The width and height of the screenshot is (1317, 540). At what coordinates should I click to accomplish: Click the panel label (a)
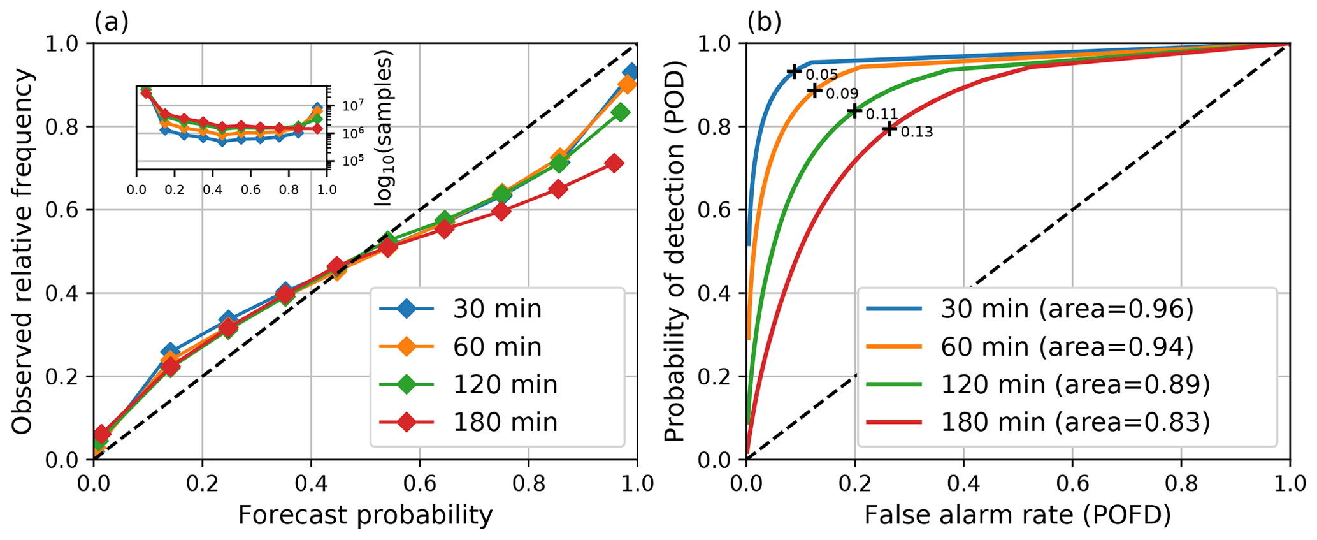coord(112,23)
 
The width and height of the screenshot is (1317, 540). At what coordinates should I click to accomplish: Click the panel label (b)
coord(764,23)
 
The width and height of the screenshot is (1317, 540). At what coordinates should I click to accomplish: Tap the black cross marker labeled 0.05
coord(794,71)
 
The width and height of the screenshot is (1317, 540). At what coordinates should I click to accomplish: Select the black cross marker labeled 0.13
coord(889,129)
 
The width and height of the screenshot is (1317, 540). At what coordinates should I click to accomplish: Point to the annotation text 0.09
coord(842,94)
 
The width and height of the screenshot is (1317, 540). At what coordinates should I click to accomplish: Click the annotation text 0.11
coord(882,115)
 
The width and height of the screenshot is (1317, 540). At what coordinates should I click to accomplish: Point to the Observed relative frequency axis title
coord(23,252)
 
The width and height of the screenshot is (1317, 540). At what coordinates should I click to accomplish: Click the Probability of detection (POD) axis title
coord(674,252)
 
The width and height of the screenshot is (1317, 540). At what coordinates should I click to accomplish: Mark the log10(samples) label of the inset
coord(383,128)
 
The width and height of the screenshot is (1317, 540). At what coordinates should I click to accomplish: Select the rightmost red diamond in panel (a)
coord(614,163)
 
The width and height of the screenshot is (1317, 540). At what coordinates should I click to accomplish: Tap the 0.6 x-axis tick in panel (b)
coord(1072,483)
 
